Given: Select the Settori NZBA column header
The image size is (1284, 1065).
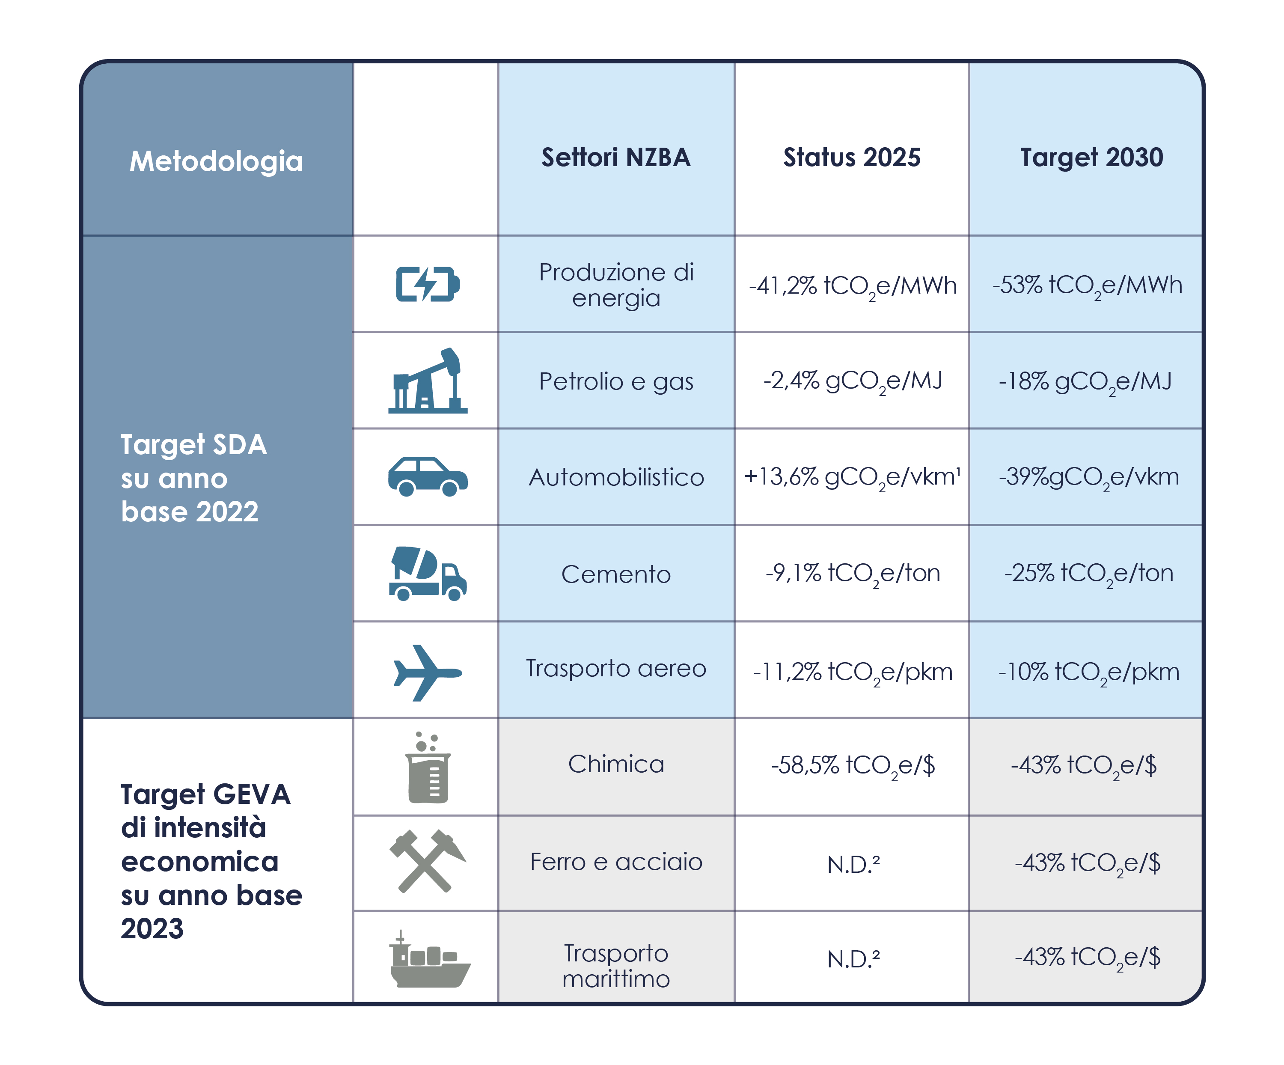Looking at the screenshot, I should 616,157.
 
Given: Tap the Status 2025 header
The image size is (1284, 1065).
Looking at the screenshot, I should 852,157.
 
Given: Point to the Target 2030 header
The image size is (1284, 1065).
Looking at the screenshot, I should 1091,157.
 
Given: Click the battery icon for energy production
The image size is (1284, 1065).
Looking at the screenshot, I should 428,284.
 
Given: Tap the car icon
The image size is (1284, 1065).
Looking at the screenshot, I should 428,476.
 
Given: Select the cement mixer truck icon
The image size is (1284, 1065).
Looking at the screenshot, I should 428,574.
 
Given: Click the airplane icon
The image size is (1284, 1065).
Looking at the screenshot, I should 428,672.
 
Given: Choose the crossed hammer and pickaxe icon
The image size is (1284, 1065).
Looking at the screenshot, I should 428,861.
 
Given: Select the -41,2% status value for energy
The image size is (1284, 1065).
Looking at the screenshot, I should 852,286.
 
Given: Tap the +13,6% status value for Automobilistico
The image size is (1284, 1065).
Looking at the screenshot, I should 852,477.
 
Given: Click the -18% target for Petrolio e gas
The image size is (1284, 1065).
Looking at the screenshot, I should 1085,381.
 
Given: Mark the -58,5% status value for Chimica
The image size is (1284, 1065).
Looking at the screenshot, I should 853,765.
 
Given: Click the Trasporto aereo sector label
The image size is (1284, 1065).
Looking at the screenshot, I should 616,668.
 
